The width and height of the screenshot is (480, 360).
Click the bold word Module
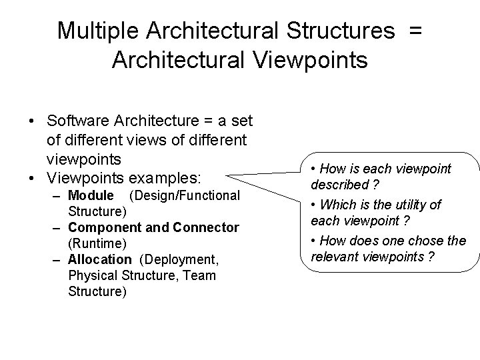91,195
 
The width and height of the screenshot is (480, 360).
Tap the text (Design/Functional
184,195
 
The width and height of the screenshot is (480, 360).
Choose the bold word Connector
205,227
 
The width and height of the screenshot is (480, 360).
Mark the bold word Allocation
100,259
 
